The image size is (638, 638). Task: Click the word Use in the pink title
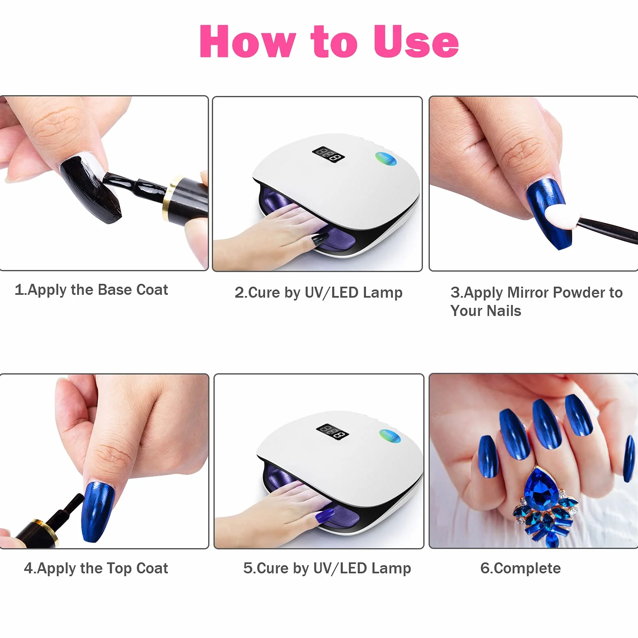coord(416,41)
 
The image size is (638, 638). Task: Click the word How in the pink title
coord(248,41)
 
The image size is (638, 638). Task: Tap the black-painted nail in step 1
coord(90,188)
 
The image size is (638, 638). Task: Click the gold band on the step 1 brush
coord(170,198)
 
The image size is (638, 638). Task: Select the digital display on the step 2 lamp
coord(328,154)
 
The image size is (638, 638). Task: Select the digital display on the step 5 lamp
coord(333,431)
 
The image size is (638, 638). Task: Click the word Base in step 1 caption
coord(115,290)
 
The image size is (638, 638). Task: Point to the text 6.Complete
coord(520,568)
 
